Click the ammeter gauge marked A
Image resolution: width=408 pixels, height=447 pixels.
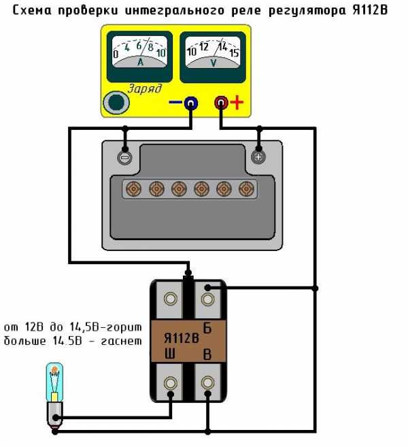(141, 53)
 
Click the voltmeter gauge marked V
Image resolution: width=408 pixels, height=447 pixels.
(213, 53)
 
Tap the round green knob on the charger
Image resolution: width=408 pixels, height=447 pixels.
(117, 103)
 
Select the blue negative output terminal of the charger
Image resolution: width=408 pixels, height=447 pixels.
(191, 103)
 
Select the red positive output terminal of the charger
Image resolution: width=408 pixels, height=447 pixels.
(221, 103)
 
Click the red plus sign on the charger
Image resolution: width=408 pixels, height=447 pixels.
(237, 103)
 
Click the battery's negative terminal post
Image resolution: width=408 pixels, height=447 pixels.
(124, 157)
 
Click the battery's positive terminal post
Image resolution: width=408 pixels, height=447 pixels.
(258, 157)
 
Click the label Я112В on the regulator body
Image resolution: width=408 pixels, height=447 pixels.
(182, 337)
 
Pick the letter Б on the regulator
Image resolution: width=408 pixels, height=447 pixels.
(208, 328)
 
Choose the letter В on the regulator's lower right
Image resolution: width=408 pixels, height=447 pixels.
(208, 354)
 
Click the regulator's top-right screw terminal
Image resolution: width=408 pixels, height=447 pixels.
(207, 297)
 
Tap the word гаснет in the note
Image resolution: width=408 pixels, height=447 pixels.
(121, 339)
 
